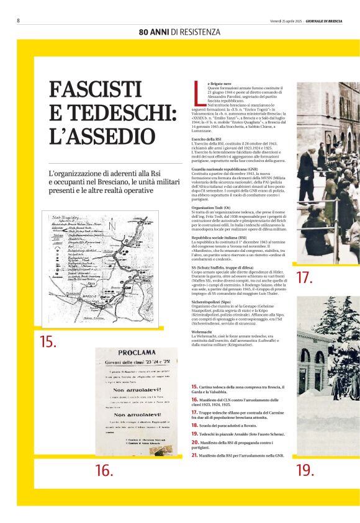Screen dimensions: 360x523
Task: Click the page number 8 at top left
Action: (x=18, y=20)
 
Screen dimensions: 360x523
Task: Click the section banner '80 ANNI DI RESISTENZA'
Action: (x=179, y=32)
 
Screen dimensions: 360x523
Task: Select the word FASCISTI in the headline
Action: (x=95, y=91)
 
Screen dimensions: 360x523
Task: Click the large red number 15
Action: (x=48, y=341)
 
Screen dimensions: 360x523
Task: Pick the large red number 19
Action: (x=305, y=470)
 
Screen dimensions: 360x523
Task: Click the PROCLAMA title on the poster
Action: (x=127, y=359)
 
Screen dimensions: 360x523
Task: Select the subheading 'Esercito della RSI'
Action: (x=207, y=140)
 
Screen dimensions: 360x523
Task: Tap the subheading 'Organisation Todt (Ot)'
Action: (x=212, y=208)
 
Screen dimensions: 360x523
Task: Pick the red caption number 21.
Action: (x=194, y=455)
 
